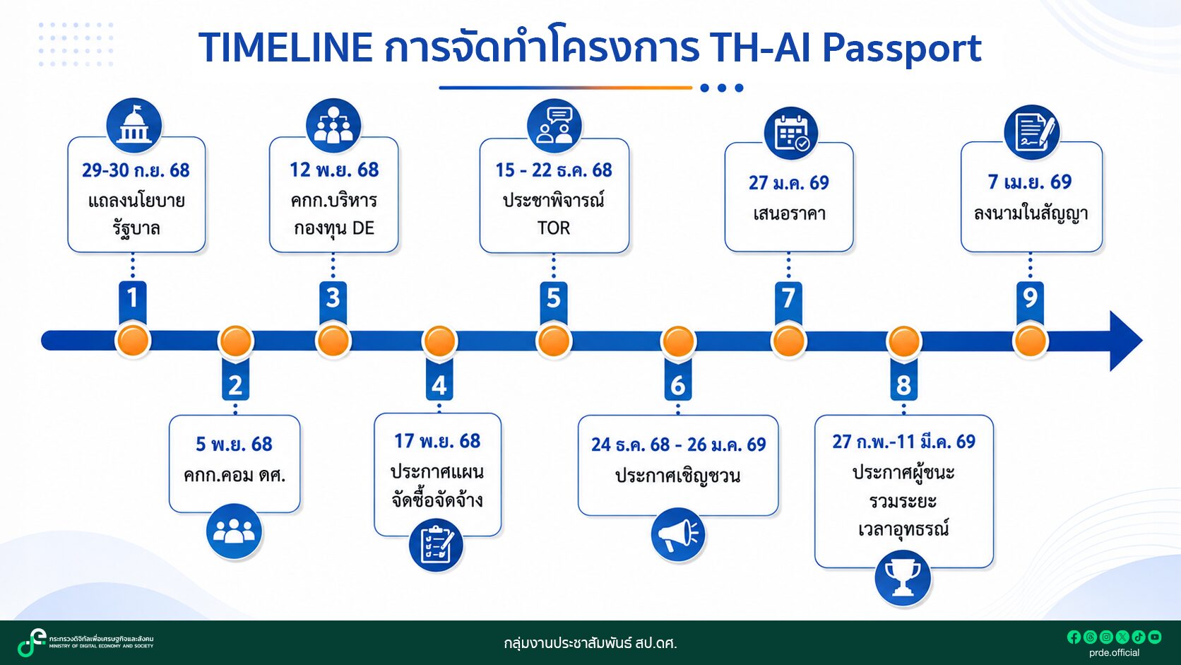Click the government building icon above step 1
pos(134,126)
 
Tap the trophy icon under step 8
pos(902,578)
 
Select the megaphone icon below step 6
pos(677,535)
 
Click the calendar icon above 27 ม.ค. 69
pos(790,134)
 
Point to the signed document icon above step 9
pos(1031,132)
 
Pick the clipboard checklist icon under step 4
pos(436,546)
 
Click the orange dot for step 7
pos(788,341)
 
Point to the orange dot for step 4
pos(439,341)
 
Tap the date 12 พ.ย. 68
pos(333,170)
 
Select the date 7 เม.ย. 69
pos(1030,182)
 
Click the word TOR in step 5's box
pos(554,228)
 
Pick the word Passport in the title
pos(901,48)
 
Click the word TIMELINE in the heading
pos(286,47)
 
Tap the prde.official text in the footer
pos(1114,653)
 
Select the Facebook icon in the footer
pos(1074,637)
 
